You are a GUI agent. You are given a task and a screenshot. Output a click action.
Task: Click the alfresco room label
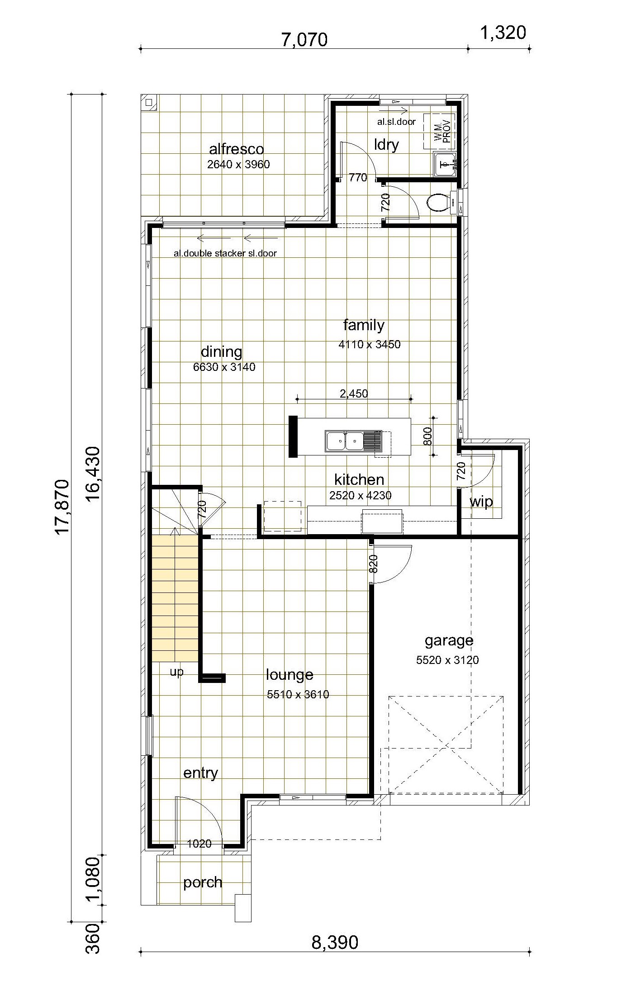[x=236, y=149]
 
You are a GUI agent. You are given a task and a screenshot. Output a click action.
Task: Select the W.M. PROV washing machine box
[x=439, y=131]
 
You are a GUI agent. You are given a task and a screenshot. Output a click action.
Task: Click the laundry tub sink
[x=445, y=163]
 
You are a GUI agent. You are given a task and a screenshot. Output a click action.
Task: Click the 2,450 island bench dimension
[x=354, y=393]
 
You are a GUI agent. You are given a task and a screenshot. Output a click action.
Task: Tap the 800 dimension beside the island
[x=428, y=436]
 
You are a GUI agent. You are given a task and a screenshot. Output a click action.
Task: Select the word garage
[x=449, y=641]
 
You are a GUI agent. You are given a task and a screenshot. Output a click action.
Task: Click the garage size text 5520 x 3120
[x=447, y=660]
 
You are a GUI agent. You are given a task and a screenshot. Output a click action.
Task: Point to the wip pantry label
[x=481, y=502]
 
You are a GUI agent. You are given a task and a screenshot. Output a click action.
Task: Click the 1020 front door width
[x=199, y=844]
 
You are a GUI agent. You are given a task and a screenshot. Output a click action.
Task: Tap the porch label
[x=203, y=882]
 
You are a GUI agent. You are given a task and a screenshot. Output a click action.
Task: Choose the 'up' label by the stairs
[x=177, y=672]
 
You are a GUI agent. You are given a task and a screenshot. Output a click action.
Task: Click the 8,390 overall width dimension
[x=335, y=943]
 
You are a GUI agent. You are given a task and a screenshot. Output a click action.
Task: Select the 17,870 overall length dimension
[x=62, y=507]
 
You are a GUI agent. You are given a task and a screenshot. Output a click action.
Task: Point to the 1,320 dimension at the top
[x=503, y=33]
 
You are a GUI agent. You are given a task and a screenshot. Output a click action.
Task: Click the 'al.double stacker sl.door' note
[x=225, y=253]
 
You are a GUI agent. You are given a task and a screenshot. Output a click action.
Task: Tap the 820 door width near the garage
[x=374, y=564]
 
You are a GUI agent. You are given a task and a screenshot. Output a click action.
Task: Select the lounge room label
[x=290, y=675]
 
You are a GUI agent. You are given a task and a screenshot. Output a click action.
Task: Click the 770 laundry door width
[x=358, y=178]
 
